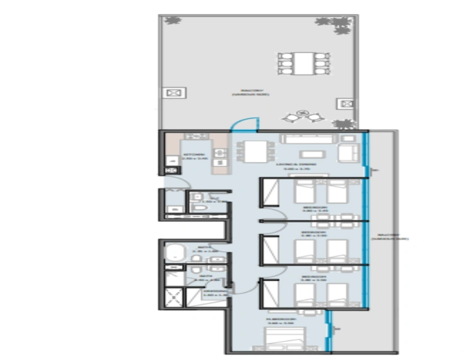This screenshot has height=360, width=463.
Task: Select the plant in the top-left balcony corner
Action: (173, 21)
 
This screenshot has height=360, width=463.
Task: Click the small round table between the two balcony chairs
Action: (304, 112)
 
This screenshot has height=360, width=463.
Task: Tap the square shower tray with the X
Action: (174, 295)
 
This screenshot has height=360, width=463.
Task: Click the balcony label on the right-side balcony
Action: (389, 236)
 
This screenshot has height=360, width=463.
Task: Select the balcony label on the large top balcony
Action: (251, 92)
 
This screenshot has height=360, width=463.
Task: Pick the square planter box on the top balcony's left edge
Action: (175, 93)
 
